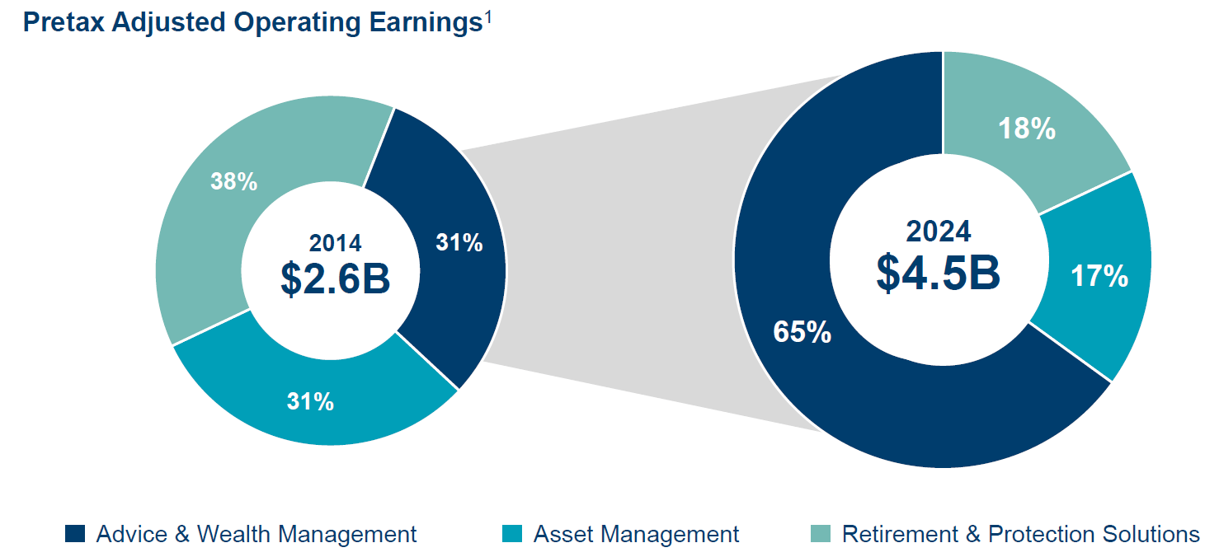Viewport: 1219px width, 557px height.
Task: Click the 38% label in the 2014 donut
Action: click(x=233, y=181)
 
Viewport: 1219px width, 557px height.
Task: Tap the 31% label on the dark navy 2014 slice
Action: click(x=459, y=243)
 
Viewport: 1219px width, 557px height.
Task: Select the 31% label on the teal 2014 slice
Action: click(x=310, y=401)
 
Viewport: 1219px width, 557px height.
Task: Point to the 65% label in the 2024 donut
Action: click(x=802, y=332)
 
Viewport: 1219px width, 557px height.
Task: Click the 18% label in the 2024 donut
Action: click(x=1026, y=129)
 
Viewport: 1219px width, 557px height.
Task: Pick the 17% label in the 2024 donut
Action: click(x=1099, y=277)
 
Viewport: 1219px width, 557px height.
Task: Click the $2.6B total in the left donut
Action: click(x=335, y=278)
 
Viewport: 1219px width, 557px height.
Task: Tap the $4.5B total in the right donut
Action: click(x=938, y=272)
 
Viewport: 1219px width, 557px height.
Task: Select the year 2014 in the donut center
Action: click(x=335, y=243)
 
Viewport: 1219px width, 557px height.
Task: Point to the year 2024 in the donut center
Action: click(x=939, y=232)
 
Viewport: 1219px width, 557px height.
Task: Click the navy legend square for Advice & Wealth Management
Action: click(x=75, y=534)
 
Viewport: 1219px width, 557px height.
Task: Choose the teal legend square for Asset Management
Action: click(x=512, y=534)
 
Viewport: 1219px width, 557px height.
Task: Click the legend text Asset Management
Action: click(x=636, y=534)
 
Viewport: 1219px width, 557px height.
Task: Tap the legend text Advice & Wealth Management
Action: click(x=257, y=534)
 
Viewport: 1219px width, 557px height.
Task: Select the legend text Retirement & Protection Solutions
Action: click(x=1020, y=534)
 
